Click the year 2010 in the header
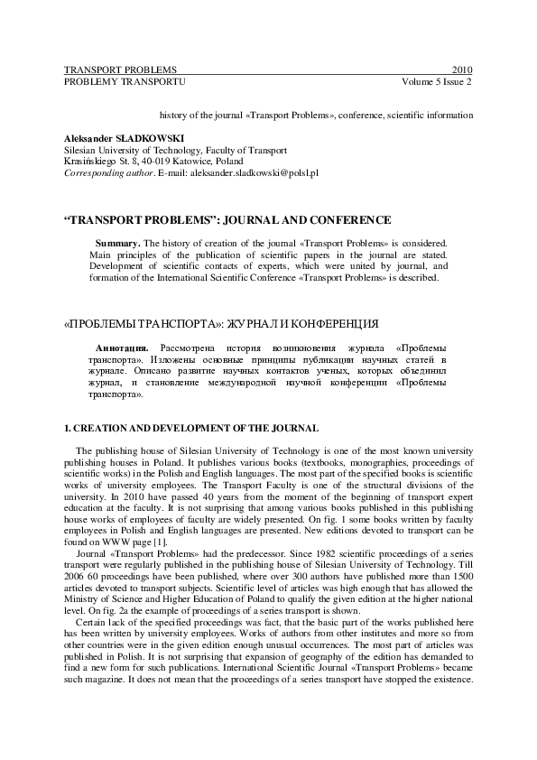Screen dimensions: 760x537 click(461, 70)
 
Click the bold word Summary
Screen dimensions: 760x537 click(117, 243)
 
